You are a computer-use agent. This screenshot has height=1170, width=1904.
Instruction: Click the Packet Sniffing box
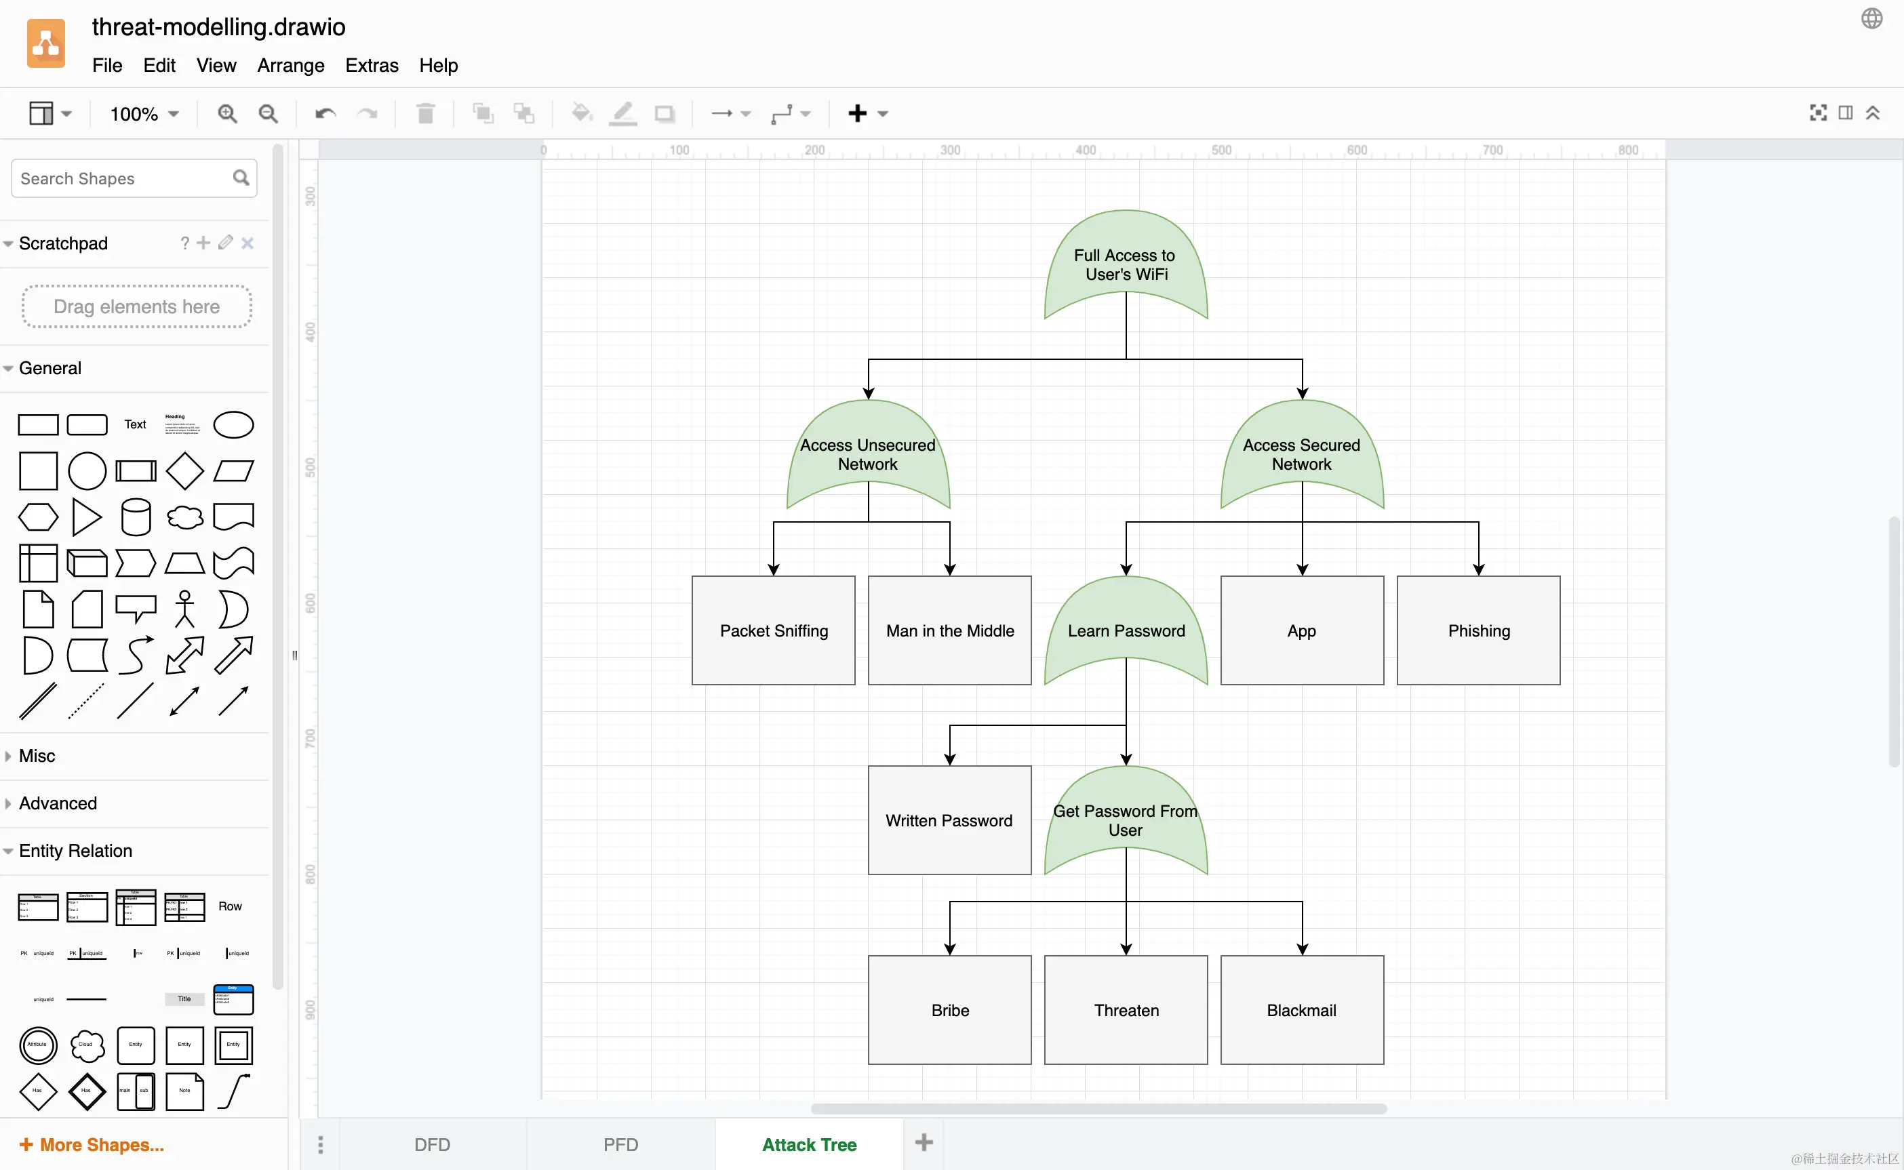(773, 630)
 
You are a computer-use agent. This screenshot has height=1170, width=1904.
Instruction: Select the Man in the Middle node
(950, 630)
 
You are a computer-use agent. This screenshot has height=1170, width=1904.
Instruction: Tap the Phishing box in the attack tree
(1478, 630)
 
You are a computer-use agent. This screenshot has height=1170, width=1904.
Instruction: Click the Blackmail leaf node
(1302, 1010)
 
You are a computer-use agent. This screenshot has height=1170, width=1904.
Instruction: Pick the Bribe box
(950, 1010)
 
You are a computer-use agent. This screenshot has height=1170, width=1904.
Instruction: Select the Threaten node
(1126, 1010)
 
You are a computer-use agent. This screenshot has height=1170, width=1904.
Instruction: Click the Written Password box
(950, 820)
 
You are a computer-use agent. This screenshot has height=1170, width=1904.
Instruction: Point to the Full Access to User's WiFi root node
(1126, 264)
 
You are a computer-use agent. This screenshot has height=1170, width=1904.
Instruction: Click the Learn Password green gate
(1126, 630)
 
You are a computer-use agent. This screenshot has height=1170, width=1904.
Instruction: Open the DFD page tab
(432, 1144)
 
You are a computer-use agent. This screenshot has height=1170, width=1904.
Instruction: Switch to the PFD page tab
(620, 1144)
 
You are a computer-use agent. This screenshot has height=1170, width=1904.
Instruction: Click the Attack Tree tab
(809, 1144)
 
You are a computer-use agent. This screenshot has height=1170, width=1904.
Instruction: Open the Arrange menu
(290, 65)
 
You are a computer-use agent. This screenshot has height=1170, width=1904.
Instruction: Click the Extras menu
(372, 65)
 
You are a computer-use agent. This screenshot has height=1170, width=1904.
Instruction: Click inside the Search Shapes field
(124, 179)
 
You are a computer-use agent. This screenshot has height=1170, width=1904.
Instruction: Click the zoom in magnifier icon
(226, 114)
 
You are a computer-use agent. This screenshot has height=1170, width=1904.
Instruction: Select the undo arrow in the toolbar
(325, 114)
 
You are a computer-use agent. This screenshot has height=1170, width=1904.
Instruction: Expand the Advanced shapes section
(58, 803)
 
